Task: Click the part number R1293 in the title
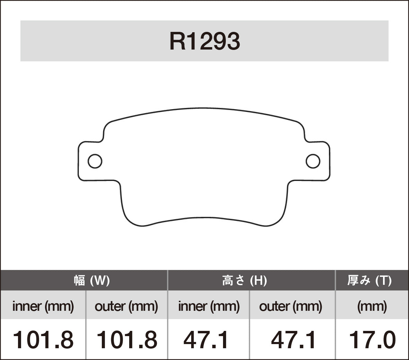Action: coord(204,42)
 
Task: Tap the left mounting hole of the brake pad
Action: coord(95,161)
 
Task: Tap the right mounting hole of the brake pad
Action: coord(313,161)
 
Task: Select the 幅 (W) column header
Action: coord(92,280)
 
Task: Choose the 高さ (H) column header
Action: coord(244,280)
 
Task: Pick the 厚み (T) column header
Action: coord(370,280)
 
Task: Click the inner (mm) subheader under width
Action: coord(43,306)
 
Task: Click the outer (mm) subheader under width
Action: coord(126,306)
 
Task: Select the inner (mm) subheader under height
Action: coord(209,306)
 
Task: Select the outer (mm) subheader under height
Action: coord(291,306)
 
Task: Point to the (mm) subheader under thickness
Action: coord(372,306)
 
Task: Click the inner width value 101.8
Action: coord(43,340)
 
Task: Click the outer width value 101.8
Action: coord(126,340)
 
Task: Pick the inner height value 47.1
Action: coord(206,340)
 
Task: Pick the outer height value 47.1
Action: coord(293,340)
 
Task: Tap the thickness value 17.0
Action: coord(372,340)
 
